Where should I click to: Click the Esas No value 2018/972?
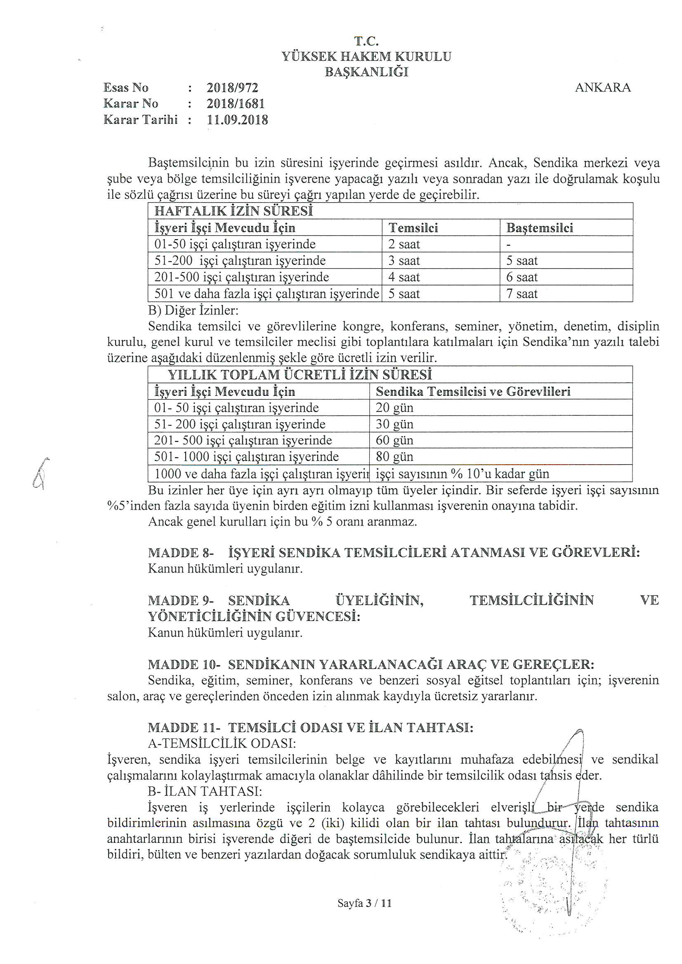pyautogui.click(x=232, y=88)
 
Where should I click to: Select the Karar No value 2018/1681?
pyautogui.click(x=235, y=104)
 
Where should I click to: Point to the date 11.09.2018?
pyautogui.click(x=237, y=120)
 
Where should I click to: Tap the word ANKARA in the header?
pyautogui.click(x=603, y=88)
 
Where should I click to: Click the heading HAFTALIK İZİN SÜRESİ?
pyautogui.click(x=234, y=211)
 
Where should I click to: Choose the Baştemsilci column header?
pyautogui.click(x=540, y=228)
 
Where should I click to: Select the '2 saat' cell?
pyautogui.click(x=404, y=245)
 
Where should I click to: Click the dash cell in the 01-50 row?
pyautogui.click(x=508, y=245)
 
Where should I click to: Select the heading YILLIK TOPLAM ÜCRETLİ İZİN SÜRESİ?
pyautogui.click(x=300, y=374)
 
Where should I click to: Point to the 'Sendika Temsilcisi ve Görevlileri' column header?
pyautogui.click(x=473, y=392)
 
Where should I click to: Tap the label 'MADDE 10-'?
pyautogui.click(x=184, y=665)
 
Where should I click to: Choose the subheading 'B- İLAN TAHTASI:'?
pyautogui.click(x=205, y=791)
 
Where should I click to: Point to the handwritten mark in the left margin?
pyautogui.click(x=41, y=473)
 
